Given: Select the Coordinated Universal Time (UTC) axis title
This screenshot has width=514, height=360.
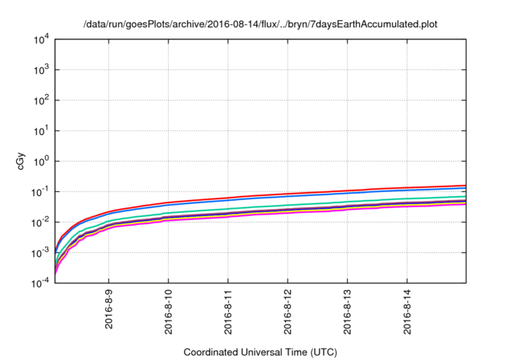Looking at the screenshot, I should (x=260, y=352).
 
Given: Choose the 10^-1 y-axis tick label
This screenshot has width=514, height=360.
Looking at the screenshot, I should (x=39, y=191).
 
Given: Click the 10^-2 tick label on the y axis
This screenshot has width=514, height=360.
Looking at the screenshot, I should (x=39, y=222).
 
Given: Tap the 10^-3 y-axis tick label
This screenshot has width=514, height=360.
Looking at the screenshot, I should (x=39, y=252).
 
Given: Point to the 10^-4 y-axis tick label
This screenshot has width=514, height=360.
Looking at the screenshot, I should (x=39, y=282).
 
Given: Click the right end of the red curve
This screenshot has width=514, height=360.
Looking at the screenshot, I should (x=465, y=186).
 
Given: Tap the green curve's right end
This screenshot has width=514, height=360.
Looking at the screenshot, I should (x=465, y=196).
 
